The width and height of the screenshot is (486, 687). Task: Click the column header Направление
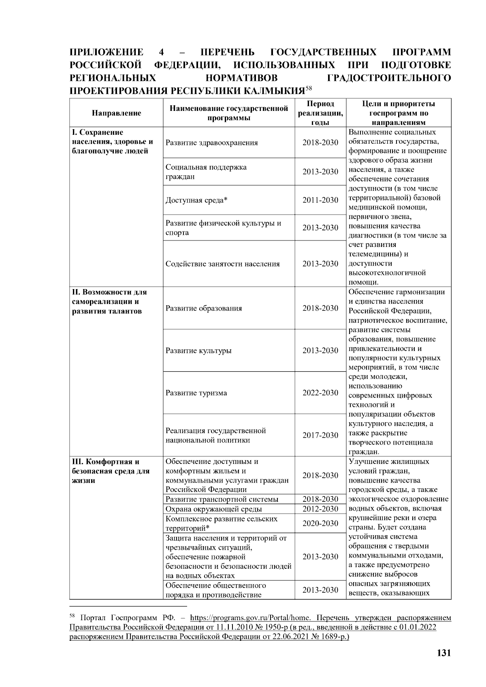click(x=116, y=113)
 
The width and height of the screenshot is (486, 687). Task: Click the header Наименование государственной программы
click(x=229, y=113)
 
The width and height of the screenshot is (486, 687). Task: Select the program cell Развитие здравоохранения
click(x=211, y=143)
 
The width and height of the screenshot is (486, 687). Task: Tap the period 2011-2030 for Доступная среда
click(x=320, y=200)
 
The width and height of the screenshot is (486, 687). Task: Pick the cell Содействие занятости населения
click(x=222, y=264)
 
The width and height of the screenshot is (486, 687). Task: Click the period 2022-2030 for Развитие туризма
click(x=320, y=393)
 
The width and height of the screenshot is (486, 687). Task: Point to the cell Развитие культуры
click(x=198, y=351)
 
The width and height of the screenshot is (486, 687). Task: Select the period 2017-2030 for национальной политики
click(x=320, y=435)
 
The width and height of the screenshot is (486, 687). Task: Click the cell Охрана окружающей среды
click(x=213, y=509)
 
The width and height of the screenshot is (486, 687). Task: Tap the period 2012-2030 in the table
click(x=320, y=509)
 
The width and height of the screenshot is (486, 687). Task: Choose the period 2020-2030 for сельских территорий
click(x=320, y=523)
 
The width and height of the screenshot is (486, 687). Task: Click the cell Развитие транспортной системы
click(x=222, y=500)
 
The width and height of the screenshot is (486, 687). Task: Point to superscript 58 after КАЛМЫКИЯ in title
click(x=308, y=87)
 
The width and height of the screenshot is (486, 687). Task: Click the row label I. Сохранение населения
click(x=112, y=142)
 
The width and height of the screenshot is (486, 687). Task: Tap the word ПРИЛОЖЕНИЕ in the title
click(x=107, y=52)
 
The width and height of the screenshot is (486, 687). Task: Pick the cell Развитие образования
click(x=203, y=308)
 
